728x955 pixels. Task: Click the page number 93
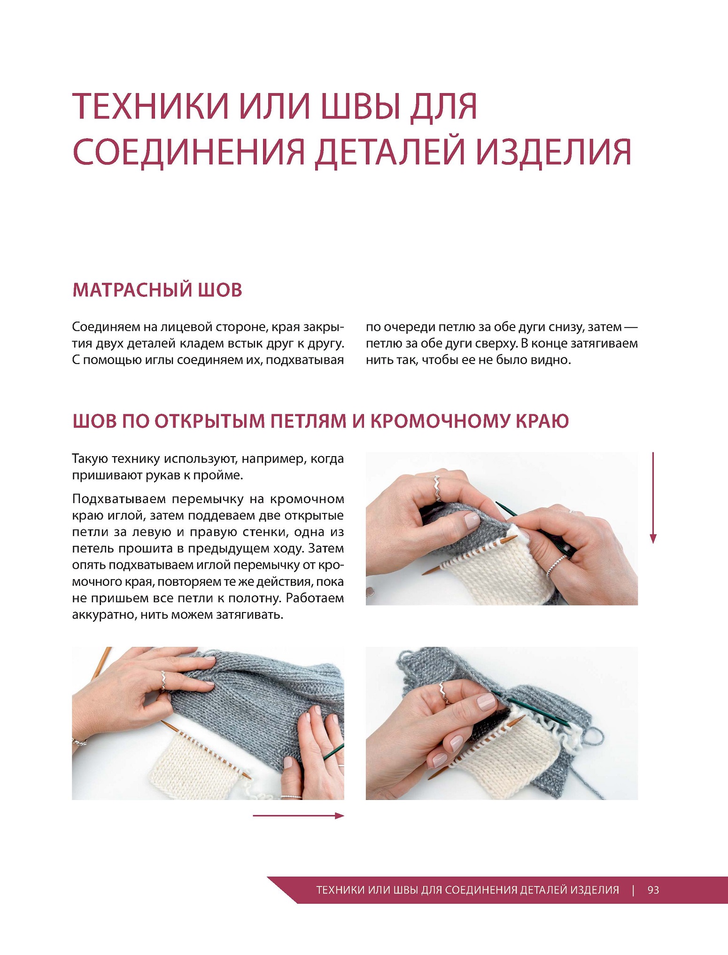pos(653,890)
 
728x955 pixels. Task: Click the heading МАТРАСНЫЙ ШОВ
pos(157,290)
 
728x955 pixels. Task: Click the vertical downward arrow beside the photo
pos(653,497)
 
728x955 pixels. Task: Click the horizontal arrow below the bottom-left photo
pos(298,815)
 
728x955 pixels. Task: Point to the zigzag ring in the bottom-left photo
pos(163,680)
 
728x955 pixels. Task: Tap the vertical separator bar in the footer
pos(633,890)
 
